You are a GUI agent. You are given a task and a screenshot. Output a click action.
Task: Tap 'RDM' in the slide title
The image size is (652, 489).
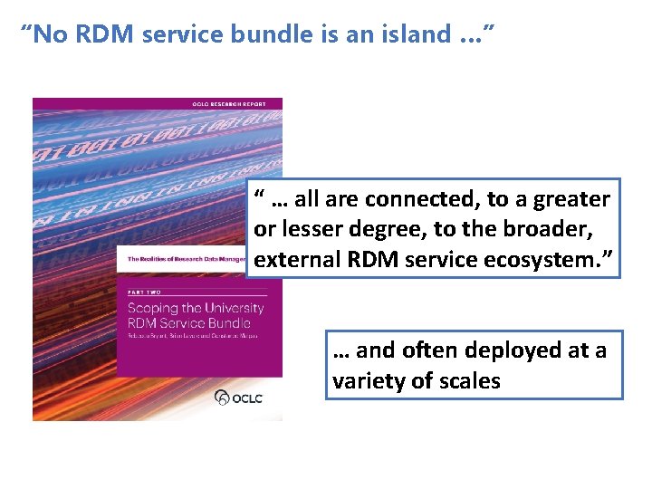[x=97, y=35]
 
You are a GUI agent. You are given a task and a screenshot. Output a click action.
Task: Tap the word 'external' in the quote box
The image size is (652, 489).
[x=297, y=261]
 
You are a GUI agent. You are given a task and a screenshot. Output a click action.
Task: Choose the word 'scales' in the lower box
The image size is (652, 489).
[x=469, y=381]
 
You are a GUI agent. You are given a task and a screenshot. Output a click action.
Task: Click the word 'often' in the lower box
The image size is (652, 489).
[x=428, y=350]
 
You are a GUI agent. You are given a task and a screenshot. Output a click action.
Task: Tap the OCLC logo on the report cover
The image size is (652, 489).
[x=238, y=397]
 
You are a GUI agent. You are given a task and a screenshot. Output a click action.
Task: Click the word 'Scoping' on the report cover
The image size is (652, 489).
[x=155, y=308]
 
